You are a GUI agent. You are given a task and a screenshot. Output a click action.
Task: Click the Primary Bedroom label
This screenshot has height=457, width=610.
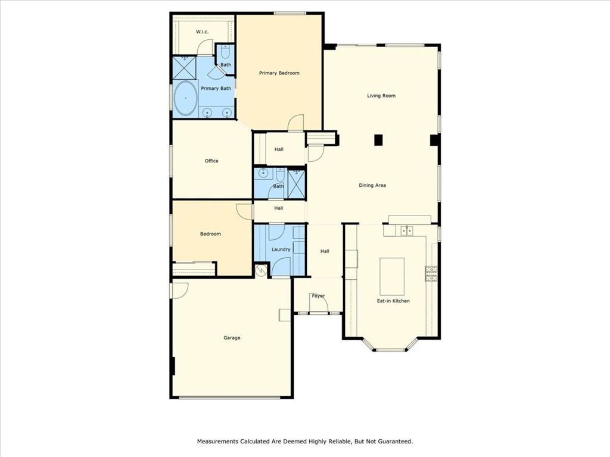[279, 73]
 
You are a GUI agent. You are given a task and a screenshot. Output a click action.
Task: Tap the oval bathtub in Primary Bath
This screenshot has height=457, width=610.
[185, 98]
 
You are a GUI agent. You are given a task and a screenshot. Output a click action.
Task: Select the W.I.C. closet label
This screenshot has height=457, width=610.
[202, 32]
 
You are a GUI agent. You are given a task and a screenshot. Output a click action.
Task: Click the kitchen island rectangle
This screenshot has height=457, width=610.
[392, 277]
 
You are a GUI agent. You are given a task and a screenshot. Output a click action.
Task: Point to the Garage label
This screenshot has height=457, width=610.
[232, 338]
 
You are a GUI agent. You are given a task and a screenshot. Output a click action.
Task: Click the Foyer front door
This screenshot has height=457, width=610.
[319, 302]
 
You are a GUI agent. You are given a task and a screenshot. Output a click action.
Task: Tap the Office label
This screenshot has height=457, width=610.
[211, 161]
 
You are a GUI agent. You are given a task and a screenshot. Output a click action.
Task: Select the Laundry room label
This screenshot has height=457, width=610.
[281, 249]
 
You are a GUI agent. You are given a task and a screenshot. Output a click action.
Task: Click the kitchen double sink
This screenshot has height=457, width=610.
[406, 231]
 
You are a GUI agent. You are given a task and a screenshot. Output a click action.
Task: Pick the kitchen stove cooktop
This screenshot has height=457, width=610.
[431, 274]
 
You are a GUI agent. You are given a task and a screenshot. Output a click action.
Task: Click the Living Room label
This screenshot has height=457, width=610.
[381, 96]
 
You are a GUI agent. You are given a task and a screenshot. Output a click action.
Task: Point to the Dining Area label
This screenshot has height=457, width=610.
[372, 186]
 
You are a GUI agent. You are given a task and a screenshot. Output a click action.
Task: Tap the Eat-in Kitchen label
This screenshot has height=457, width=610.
[393, 301]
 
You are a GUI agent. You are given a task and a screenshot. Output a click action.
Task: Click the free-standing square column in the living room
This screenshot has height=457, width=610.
[378, 140]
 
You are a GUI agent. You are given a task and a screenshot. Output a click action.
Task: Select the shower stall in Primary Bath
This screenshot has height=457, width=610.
[184, 68]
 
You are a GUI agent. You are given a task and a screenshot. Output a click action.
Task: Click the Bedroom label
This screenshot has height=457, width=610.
[210, 234]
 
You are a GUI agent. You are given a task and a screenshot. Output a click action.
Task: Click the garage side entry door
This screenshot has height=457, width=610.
[179, 290]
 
